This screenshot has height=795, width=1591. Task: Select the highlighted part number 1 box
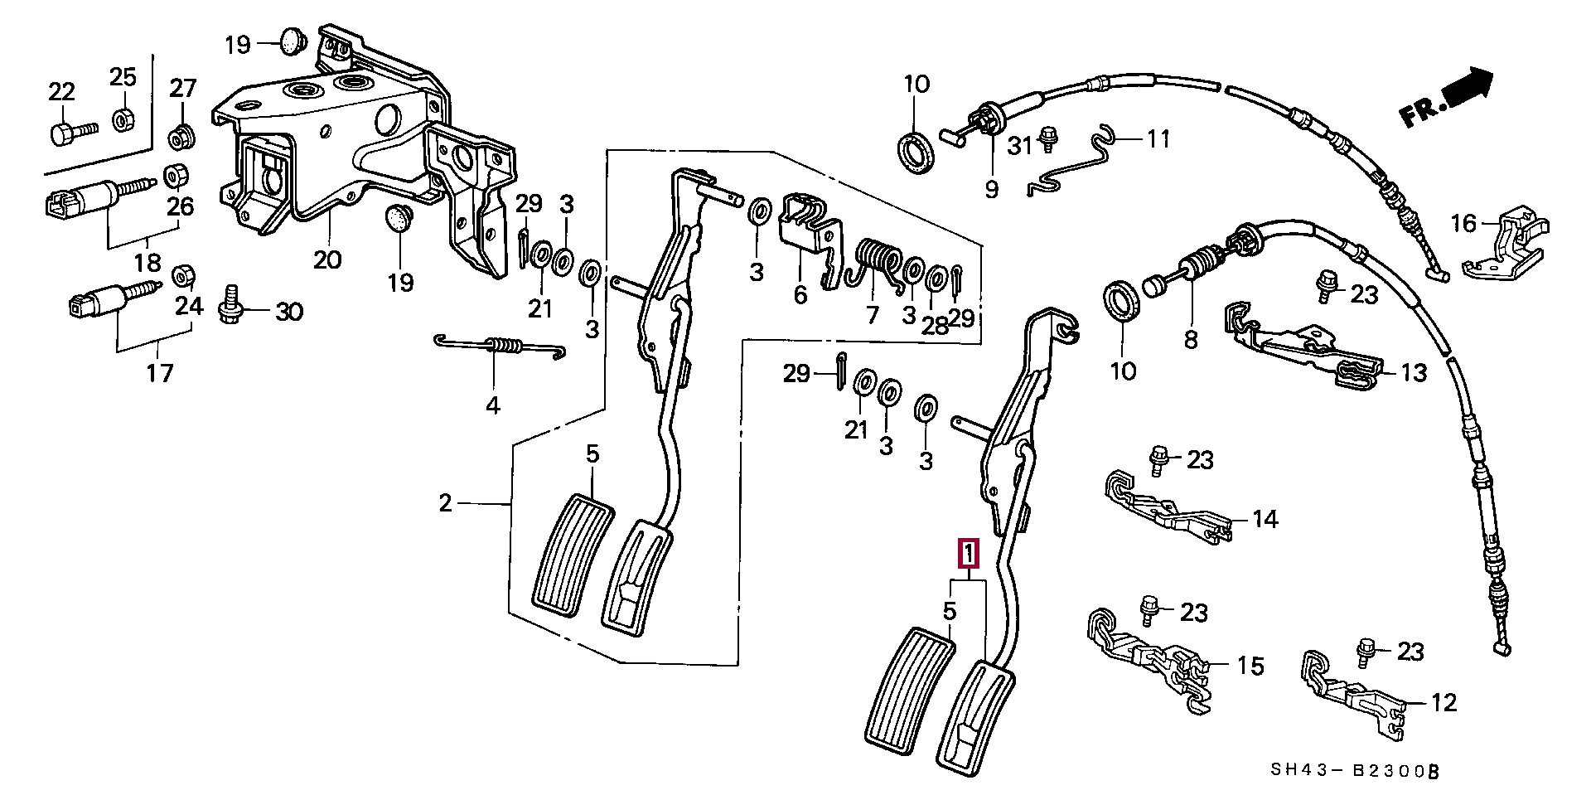coord(969,554)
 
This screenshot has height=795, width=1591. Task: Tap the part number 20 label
coord(327,260)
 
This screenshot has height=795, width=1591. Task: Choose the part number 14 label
coord(1265,520)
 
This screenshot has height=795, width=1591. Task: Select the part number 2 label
coord(446,502)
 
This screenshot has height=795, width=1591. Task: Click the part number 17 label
coord(160,373)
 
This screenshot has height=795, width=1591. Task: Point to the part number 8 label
coord(1191,340)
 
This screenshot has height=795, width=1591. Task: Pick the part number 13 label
coord(1414,373)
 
